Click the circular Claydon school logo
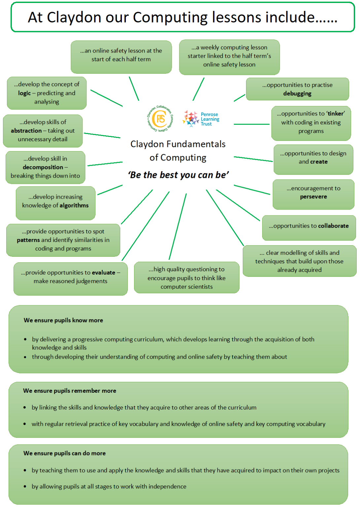[x=160, y=118]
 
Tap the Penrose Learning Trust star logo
[x=191, y=118]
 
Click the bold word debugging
[x=297, y=94]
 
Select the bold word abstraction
[x=26, y=131]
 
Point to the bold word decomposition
[x=43, y=167]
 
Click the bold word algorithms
[x=74, y=205]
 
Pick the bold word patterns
[x=28, y=240]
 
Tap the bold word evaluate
[x=103, y=273]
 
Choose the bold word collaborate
[x=333, y=226]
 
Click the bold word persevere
[x=313, y=197]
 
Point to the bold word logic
[x=24, y=93]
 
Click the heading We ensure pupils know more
[x=63, y=320]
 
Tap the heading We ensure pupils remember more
[x=70, y=391]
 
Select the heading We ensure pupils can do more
[x=64, y=453]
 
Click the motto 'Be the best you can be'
[x=178, y=175]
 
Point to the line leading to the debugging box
[x=239, y=98]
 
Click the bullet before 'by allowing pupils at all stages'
[x=25, y=486]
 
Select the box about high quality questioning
[x=187, y=278]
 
